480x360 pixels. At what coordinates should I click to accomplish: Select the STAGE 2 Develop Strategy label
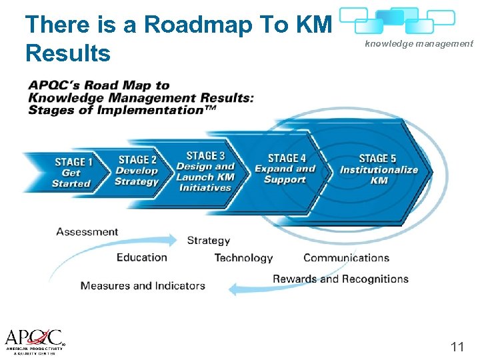coord(137,171)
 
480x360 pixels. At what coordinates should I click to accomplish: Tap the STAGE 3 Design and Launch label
coord(205,172)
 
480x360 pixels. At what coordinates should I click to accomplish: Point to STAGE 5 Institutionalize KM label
coord(378,169)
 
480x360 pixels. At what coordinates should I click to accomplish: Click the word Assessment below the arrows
coord(87,232)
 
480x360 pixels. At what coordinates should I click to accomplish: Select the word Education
coord(141,257)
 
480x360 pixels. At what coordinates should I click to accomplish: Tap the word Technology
coord(243,258)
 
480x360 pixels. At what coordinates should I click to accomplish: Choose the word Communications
coord(346,258)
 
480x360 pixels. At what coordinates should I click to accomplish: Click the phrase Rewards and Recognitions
coord(340,279)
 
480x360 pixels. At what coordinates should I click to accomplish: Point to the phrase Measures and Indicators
coord(143,285)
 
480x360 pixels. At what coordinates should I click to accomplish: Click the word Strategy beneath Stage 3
coord(209,240)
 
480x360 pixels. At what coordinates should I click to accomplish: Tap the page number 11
coord(457,346)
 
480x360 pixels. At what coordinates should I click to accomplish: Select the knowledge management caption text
coord(419,44)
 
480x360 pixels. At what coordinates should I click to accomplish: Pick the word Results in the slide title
coord(67,53)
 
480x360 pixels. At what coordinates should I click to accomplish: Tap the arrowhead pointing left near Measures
coord(233,289)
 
